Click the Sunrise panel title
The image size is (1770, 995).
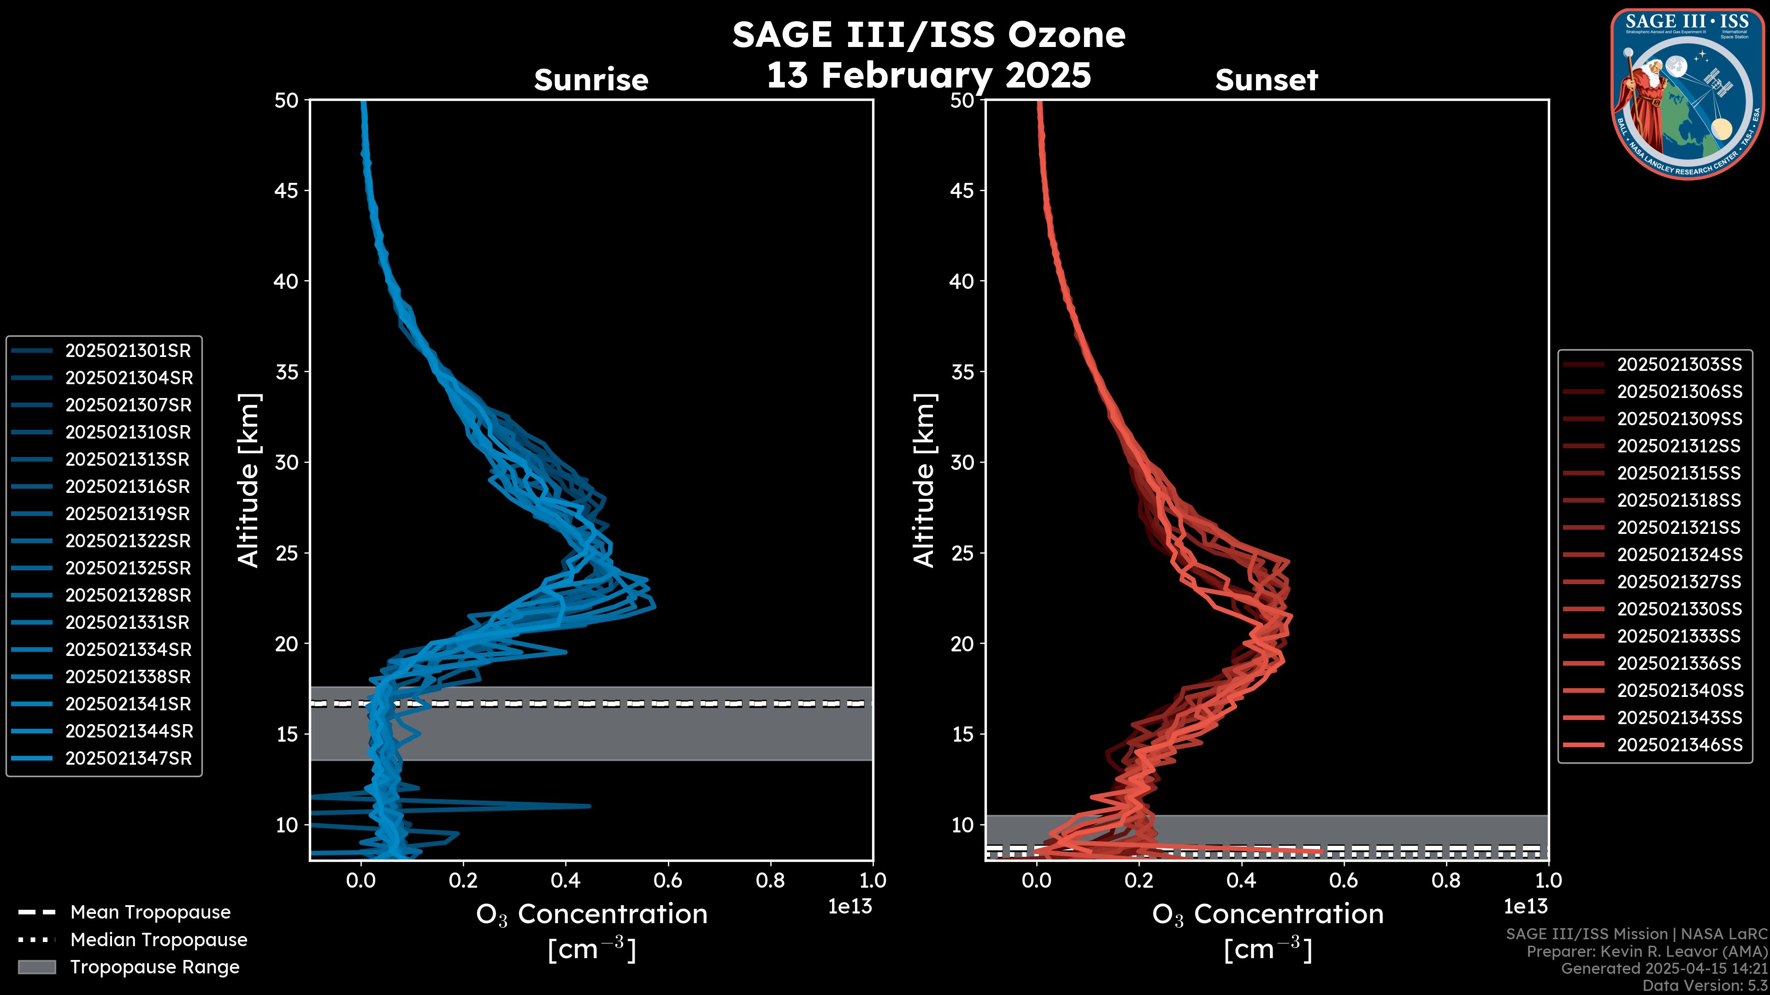pos(591,80)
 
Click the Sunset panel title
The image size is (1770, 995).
pos(1266,80)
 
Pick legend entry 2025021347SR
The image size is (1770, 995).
pos(128,758)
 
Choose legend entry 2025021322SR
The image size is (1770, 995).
pos(128,540)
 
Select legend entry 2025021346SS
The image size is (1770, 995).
pos(1679,744)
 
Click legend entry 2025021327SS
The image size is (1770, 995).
pos(1679,582)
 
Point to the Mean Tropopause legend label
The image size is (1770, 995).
pos(150,912)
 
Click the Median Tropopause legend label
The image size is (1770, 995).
pos(159,939)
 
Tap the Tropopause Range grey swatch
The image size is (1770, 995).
pos(36,967)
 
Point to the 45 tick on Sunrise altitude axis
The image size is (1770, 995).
pos(287,190)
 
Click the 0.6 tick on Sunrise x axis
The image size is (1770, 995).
pos(668,880)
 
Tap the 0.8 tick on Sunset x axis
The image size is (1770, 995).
pos(1445,880)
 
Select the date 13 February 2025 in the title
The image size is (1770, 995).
pos(928,75)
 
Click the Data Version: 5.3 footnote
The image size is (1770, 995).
pos(1704,985)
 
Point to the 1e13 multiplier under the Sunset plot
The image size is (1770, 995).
pos(1525,907)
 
